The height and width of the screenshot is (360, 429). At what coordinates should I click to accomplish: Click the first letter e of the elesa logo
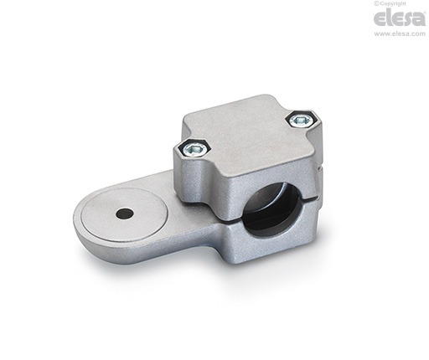click(380, 19)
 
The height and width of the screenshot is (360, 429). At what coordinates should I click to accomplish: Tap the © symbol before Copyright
click(376, 3)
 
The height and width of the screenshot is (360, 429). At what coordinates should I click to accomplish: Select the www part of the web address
click(381, 34)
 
